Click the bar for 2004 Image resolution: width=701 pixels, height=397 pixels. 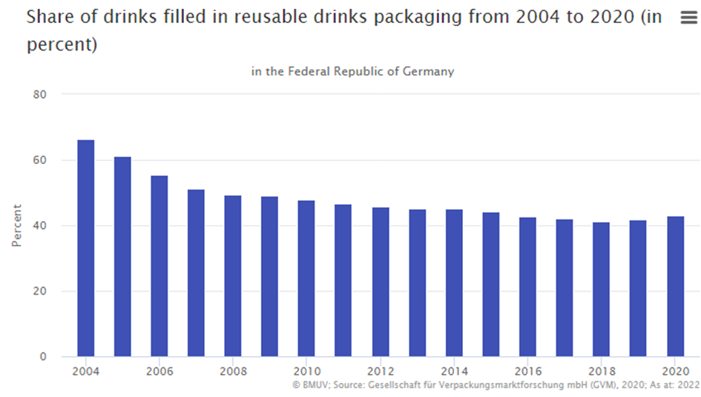(86, 248)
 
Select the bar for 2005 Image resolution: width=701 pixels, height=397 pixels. (122, 256)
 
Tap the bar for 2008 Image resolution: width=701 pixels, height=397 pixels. (233, 275)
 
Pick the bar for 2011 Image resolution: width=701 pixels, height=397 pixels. (343, 280)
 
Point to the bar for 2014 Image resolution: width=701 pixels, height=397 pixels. (453, 283)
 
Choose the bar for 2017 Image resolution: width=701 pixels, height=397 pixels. (564, 288)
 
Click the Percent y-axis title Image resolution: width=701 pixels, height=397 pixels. (16, 226)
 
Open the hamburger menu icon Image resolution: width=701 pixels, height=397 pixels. (688, 19)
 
